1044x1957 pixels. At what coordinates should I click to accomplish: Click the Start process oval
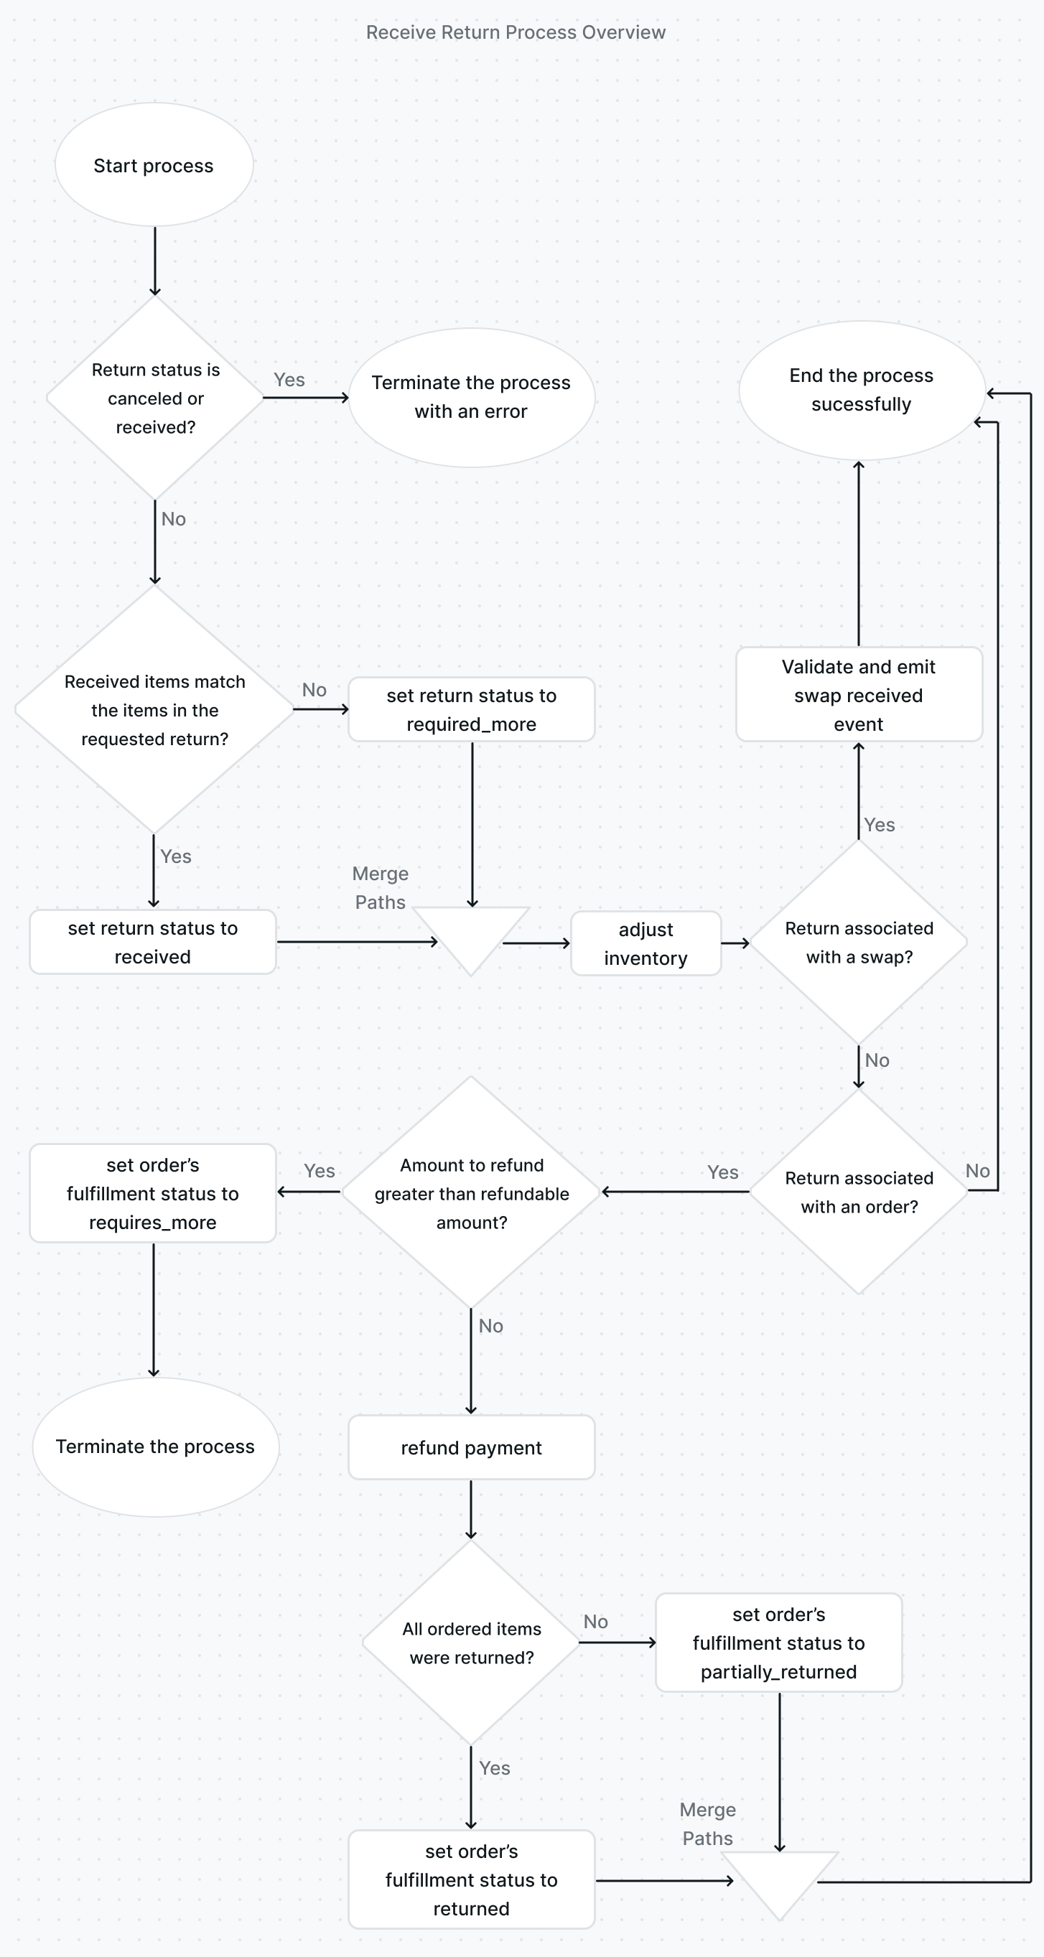click(x=154, y=165)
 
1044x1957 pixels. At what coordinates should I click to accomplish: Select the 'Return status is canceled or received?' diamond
click(x=155, y=398)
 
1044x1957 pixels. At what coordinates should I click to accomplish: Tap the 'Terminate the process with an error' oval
click(x=471, y=397)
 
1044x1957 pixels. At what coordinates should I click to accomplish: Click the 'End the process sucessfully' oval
click(x=861, y=391)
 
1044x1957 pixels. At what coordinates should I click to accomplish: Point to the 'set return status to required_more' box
click(x=471, y=709)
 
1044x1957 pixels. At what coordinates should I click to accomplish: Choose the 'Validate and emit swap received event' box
click(x=859, y=695)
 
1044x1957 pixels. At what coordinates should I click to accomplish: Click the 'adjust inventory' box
click(x=645, y=943)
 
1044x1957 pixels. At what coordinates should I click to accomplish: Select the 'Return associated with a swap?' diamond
click(x=859, y=942)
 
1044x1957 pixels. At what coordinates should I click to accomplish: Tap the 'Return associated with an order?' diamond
click(x=859, y=1192)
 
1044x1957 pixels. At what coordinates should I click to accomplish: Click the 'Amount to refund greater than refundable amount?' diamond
click(x=471, y=1192)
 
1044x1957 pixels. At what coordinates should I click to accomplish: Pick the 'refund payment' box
click(x=471, y=1447)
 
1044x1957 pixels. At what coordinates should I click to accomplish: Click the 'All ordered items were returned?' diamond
click(x=471, y=1643)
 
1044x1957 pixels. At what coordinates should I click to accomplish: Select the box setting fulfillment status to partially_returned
click(x=779, y=1643)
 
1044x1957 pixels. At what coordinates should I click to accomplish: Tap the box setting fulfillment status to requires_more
click(x=153, y=1193)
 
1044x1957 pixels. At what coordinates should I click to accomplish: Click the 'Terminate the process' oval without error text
click(x=155, y=1447)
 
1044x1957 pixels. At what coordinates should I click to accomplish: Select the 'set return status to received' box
click(x=153, y=942)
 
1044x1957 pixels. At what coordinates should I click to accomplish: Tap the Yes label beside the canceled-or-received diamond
click(x=289, y=380)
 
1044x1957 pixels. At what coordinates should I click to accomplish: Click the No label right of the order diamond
click(x=977, y=1171)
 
